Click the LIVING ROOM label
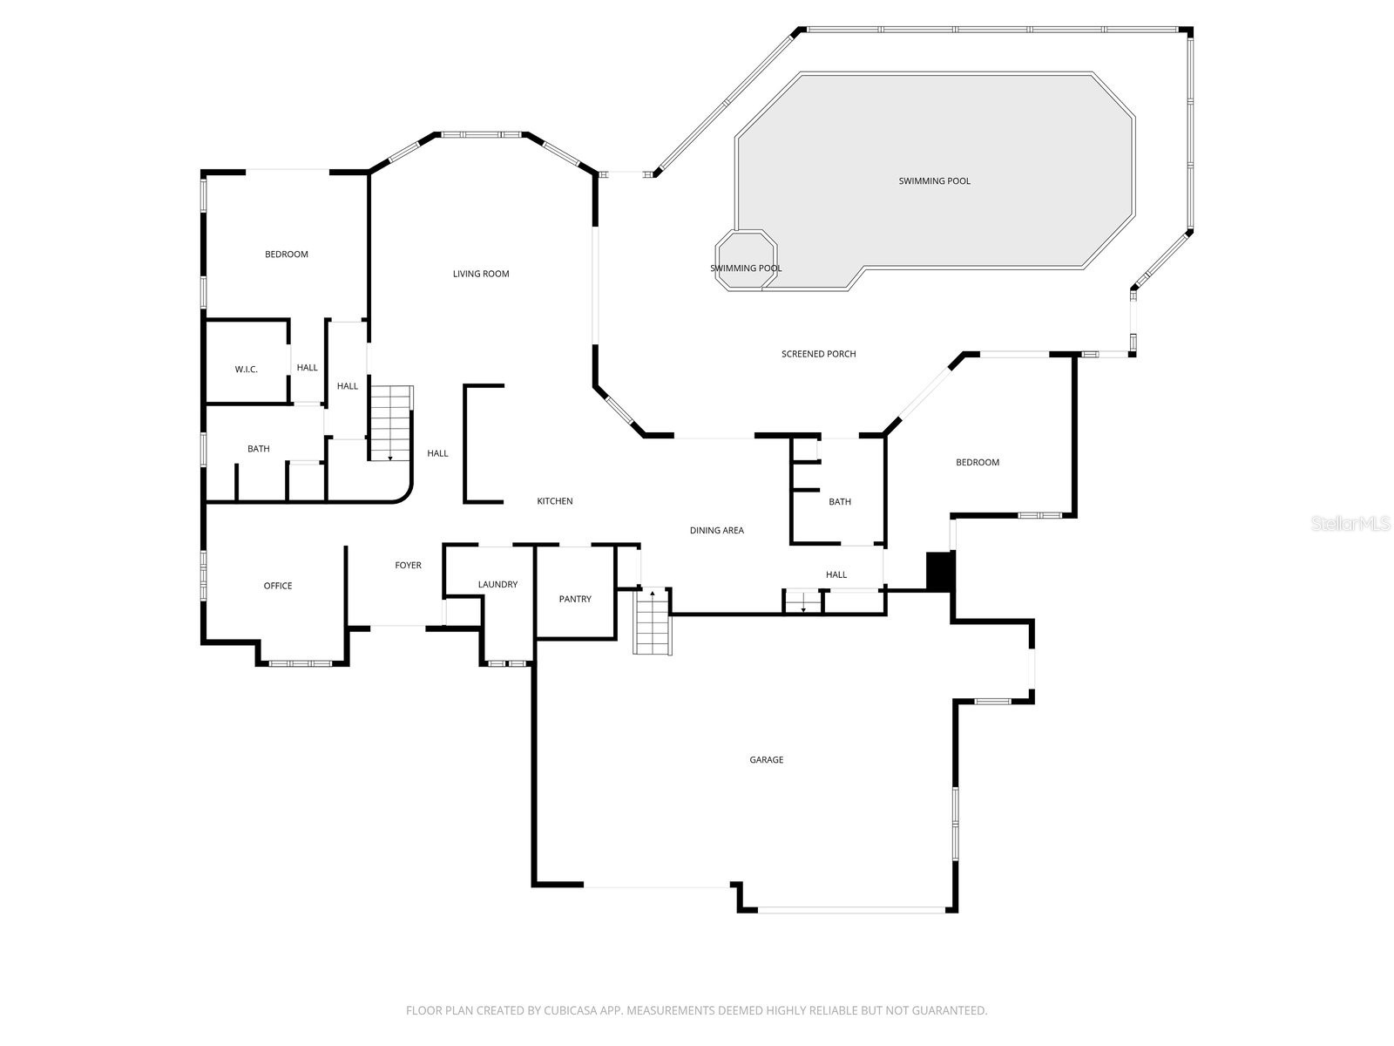[x=480, y=274]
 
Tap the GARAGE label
[x=766, y=760]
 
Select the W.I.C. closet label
[x=246, y=370]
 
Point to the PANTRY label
[x=575, y=599]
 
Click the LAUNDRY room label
[x=497, y=584]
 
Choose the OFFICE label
[x=278, y=586]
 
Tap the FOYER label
[x=408, y=566]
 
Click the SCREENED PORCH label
[x=818, y=354]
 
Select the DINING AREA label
[x=716, y=530]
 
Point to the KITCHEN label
[x=554, y=501]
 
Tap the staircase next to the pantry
[x=652, y=622]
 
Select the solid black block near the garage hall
[x=940, y=572]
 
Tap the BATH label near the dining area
[x=839, y=502]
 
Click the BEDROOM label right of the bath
[x=977, y=462]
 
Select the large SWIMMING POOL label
[x=934, y=181]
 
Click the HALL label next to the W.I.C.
[x=307, y=368]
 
